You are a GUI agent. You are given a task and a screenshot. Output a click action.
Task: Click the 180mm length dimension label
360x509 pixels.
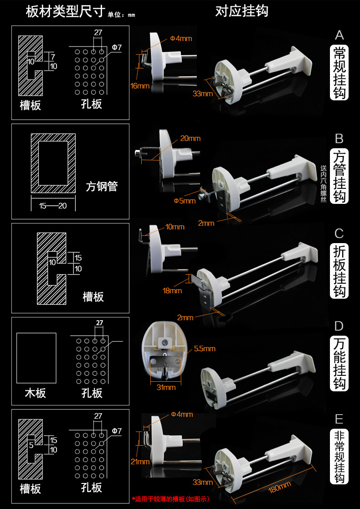click(x=279, y=487)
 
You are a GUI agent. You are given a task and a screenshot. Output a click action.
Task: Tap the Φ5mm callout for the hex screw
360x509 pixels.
click(x=185, y=201)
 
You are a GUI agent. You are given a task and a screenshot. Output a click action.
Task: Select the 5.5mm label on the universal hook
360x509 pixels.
click(x=205, y=348)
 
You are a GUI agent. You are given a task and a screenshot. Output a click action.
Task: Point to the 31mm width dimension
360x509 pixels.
click(x=166, y=387)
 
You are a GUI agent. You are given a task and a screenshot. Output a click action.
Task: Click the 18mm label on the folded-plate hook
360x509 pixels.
click(x=172, y=291)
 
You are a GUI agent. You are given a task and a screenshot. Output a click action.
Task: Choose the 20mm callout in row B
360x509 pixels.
click(x=190, y=138)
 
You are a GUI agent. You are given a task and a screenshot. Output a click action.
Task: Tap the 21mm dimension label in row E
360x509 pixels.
click(x=140, y=461)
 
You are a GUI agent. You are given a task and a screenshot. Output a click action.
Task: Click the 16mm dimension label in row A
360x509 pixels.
click(x=140, y=86)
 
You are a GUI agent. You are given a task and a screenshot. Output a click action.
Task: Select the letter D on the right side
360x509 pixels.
click(x=339, y=326)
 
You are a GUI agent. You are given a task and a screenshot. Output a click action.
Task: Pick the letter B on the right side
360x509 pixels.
click(x=339, y=139)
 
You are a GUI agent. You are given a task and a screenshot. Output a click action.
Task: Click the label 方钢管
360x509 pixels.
click(x=102, y=187)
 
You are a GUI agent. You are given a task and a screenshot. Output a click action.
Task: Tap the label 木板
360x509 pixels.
click(x=36, y=393)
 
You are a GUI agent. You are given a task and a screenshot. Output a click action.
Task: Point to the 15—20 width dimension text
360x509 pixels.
click(x=53, y=206)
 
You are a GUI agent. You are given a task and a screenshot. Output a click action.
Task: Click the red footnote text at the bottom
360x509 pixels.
click(x=171, y=499)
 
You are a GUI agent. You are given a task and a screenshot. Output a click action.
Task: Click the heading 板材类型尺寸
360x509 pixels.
click(x=66, y=11)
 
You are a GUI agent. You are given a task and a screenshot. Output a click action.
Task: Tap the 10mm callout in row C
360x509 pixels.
click(x=175, y=227)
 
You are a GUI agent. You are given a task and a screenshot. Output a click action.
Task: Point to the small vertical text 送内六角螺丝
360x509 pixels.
click(x=324, y=184)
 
